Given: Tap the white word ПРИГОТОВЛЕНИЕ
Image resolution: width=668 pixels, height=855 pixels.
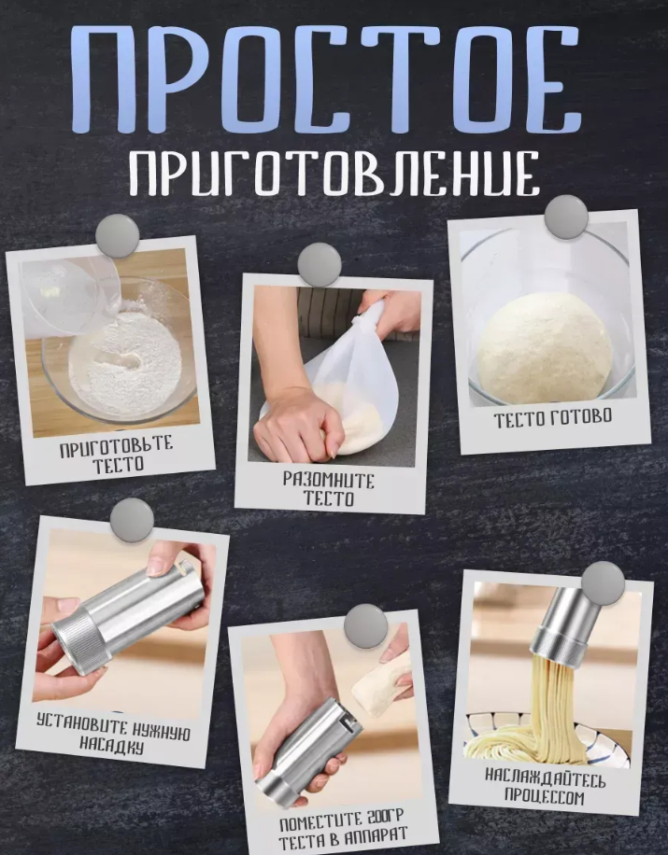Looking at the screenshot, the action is tap(334, 175).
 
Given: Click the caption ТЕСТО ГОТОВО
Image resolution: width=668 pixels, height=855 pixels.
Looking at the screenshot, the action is tap(553, 418).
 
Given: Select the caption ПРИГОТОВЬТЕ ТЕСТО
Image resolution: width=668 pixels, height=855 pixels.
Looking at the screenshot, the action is tap(117, 455).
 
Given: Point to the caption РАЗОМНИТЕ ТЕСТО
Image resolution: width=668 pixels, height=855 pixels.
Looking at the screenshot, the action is tap(329, 489).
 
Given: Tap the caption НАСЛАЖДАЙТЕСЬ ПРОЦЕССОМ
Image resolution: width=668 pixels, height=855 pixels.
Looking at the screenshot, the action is tap(545, 787).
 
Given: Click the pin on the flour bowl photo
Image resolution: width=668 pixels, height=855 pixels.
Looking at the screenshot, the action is tap(118, 236).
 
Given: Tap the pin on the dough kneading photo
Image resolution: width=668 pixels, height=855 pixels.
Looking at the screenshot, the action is tap(320, 265).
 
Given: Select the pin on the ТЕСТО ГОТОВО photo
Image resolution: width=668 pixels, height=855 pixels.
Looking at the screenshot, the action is tap(567, 217).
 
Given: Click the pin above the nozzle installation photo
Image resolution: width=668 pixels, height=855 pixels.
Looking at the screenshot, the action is tap(132, 520).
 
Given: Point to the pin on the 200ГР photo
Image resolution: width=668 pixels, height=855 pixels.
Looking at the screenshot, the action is tap(366, 626).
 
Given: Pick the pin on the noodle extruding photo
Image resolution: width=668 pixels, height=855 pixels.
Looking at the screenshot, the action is tap(603, 582).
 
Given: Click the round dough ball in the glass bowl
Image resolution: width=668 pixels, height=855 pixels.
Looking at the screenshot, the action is tap(545, 348).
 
